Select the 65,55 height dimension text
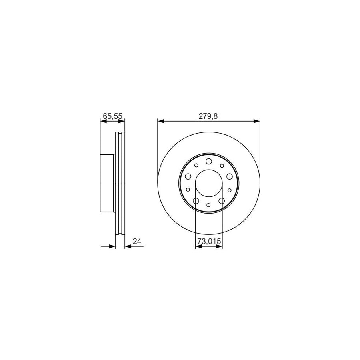112,116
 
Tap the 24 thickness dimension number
137,241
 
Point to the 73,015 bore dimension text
209,241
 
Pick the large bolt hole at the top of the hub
209,161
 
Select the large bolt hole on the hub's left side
188,176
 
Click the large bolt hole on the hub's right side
230,176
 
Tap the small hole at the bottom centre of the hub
209,205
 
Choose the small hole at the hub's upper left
196,165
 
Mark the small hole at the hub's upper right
222,165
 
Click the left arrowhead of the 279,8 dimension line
160,120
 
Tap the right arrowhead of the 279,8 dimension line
258,120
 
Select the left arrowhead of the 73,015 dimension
198,247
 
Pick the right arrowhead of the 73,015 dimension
220,247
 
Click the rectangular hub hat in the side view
107,184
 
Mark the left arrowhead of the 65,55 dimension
102,120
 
